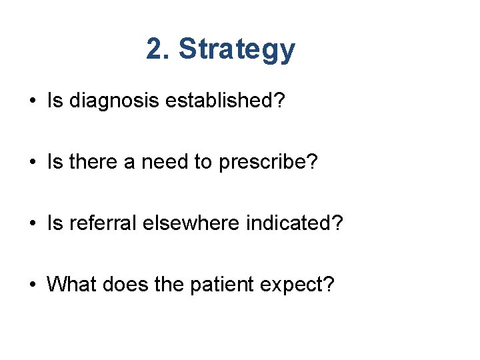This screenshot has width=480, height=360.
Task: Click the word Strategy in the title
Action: tap(237, 50)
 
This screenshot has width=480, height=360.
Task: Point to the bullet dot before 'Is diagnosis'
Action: tap(31, 101)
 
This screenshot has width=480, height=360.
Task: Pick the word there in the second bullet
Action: tap(85, 162)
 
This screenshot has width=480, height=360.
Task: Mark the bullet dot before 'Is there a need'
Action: tap(31, 163)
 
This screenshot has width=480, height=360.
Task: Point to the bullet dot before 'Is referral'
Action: tap(31, 224)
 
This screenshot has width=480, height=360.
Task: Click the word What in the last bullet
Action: tap(69, 285)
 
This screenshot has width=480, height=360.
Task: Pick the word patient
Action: tap(215, 285)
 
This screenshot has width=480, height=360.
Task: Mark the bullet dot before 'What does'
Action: tap(31, 285)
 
